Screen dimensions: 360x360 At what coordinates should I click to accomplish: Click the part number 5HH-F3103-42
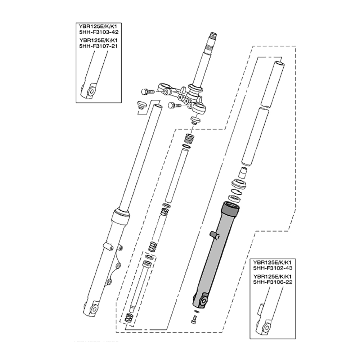pos(99,32)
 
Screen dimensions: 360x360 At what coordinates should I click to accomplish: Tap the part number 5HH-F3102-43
pos(273,268)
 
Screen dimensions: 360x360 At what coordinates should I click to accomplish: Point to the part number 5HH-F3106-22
pos(273,282)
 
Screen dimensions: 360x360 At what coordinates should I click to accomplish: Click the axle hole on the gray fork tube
pos(203,301)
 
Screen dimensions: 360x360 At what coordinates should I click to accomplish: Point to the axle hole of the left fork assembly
pos(94,308)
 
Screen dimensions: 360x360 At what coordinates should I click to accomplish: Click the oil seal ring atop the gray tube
pos(235,197)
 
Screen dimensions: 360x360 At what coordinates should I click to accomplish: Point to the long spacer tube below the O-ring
pos(176,176)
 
